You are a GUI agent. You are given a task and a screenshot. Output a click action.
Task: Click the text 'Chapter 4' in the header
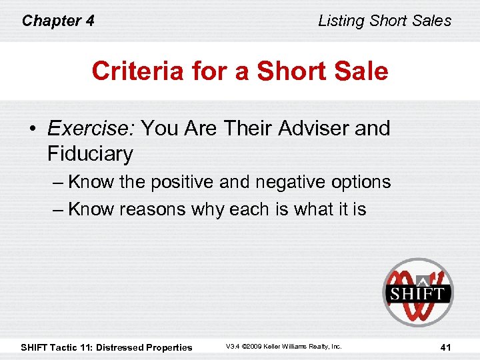click(58, 21)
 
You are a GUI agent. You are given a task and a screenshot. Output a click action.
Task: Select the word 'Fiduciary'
click(90, 154)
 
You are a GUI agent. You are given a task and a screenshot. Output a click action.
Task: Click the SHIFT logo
click(417, 292)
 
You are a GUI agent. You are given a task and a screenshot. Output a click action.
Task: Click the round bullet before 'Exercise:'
click(33, 128)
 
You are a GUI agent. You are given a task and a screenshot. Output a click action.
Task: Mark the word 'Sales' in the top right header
click(432, 21)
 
